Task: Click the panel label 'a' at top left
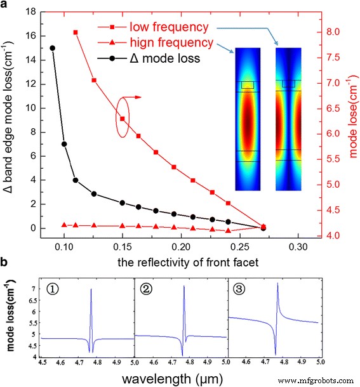(x=5, y=5)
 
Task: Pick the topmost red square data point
(x=76, y=32)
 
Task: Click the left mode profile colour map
(x=247, y=119)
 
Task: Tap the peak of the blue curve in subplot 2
(x=183, y=286)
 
